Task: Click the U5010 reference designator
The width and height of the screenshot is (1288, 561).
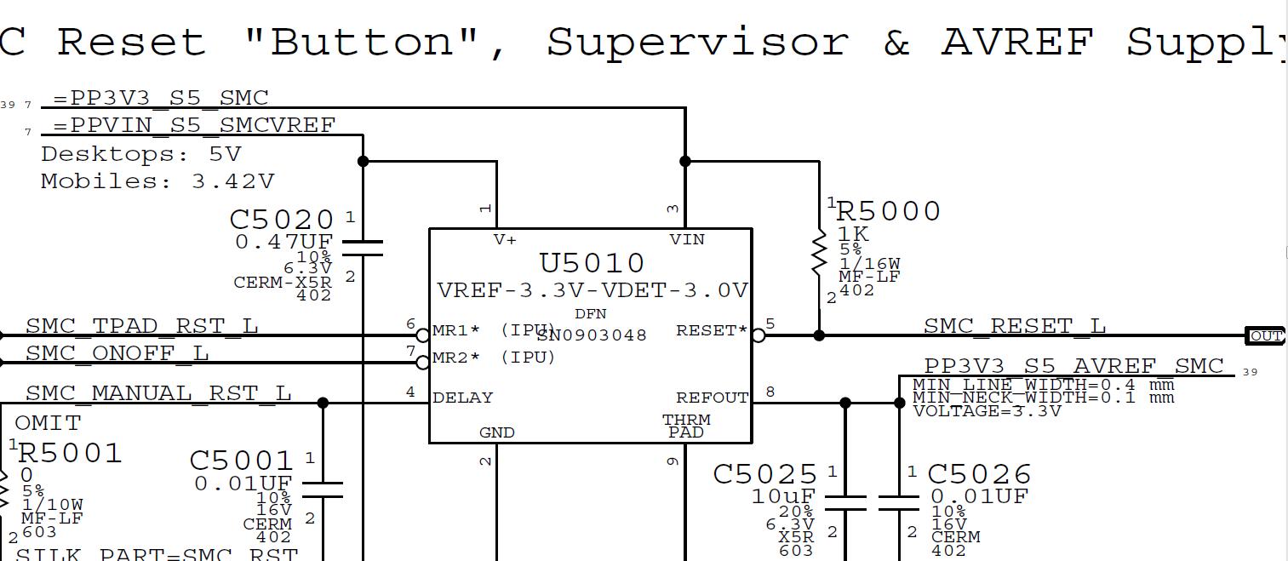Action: coord(592,263)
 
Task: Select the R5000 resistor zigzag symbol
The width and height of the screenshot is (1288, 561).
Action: coord(819,252)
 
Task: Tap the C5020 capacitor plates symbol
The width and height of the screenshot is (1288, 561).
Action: coord(363,248)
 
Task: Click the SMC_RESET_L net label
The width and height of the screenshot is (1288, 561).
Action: coord(1014,326)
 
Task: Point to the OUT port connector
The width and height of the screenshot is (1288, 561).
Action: coord(1265,335)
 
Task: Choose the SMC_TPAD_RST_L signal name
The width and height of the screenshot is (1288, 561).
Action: coord(141,326)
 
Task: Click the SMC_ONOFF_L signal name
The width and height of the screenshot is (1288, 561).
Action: coord(117,352)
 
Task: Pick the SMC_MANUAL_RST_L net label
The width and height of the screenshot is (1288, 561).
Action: coord(158,393)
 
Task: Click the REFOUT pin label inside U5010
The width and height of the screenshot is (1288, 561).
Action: coord(712,398)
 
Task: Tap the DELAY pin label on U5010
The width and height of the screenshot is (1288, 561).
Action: coord(462,398)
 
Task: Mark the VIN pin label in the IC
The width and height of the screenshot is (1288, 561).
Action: coord(687,240)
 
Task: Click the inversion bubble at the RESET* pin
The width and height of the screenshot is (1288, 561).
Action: coord(758,335)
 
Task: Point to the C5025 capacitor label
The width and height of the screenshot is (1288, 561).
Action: coord(764,474)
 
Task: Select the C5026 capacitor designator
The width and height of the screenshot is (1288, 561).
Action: coord(979,474)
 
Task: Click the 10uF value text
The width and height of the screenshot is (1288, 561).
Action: coord(783,496)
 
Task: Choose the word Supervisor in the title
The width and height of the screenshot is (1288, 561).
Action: coord(697,43)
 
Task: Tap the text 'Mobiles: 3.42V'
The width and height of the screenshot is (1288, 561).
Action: coord(157,181)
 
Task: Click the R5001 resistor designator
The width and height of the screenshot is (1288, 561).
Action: coord(70,453)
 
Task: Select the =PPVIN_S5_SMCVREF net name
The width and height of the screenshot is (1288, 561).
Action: coord(194,126)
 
